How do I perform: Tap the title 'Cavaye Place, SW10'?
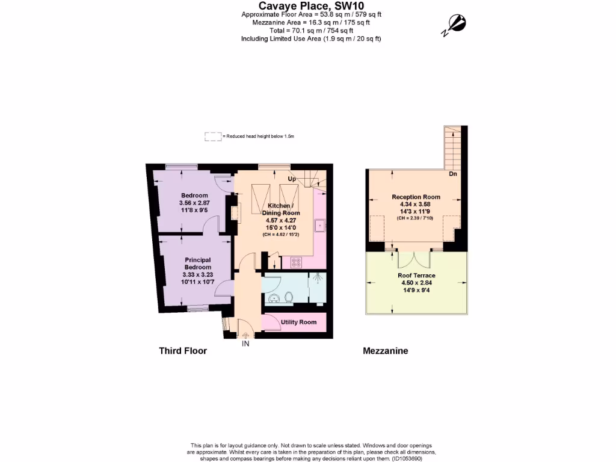coord(311,5)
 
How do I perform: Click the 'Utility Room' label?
coord(298,322)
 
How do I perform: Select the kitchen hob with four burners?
coord(297,262)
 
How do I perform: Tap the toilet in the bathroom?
coord(289,297)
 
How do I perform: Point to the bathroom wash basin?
coord(274,298)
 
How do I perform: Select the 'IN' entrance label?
coord(245,344)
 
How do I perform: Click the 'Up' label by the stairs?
coord(292,179)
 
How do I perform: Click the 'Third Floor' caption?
coord(183,351)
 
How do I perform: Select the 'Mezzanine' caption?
coord(385,351)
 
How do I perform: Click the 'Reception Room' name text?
coord(416,197)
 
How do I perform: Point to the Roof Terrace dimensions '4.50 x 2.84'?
coord(416,283)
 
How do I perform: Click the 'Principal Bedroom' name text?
coord(197,263)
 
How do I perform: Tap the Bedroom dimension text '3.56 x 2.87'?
coord(194,203)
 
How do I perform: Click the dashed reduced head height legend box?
coord(212,137)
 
